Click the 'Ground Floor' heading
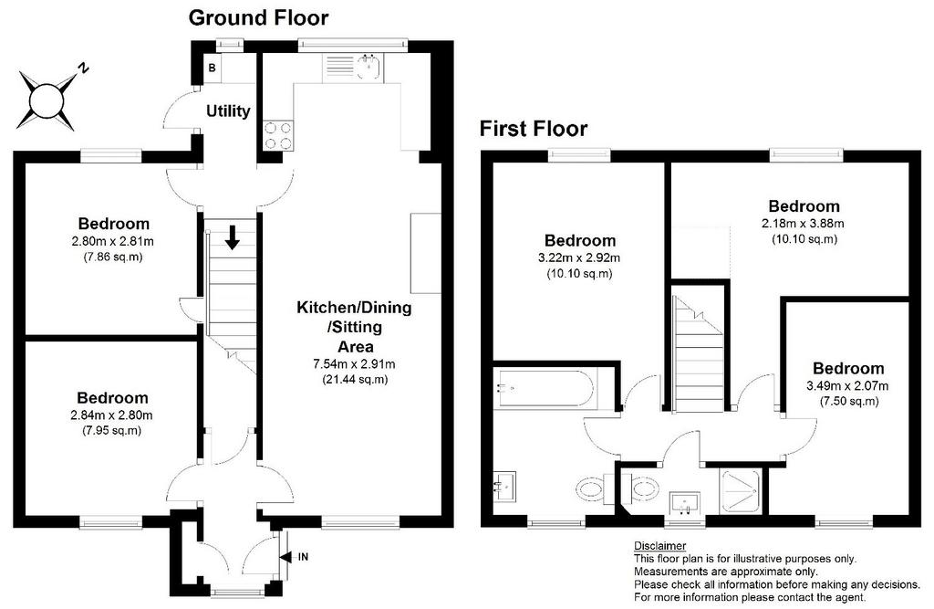pyautogui.click(x=258, y=18)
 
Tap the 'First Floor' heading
pyautogui.click(x=533, y=128)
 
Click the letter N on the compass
pyautogui.click(x=84, y=68)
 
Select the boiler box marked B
pyautogui.click(x=212, y=68)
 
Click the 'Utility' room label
pyautogui.click(x=228, y=111)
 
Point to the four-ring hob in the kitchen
pyautogui.click(x=278, y=135)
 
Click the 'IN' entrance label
pyautogui.click(x=303, y=557)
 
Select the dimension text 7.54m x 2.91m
pyautogui.click(x=355, y=364)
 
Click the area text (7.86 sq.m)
pyautogui.click(x=112, y=257)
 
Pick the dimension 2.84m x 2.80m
pyautogui.click(x=111, y=415)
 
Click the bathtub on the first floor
pyautogui.click(x=544, y=390)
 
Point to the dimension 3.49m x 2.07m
pyautogui.click(x=847, y=386)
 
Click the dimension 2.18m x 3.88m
pyautogui.click(x=803, y=224)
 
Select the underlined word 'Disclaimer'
pyautogui.click(x=660, y=546)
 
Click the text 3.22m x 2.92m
pyautogui.click(x=578, y=258)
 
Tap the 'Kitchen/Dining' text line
pyautogui.click(x=354, y=308)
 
